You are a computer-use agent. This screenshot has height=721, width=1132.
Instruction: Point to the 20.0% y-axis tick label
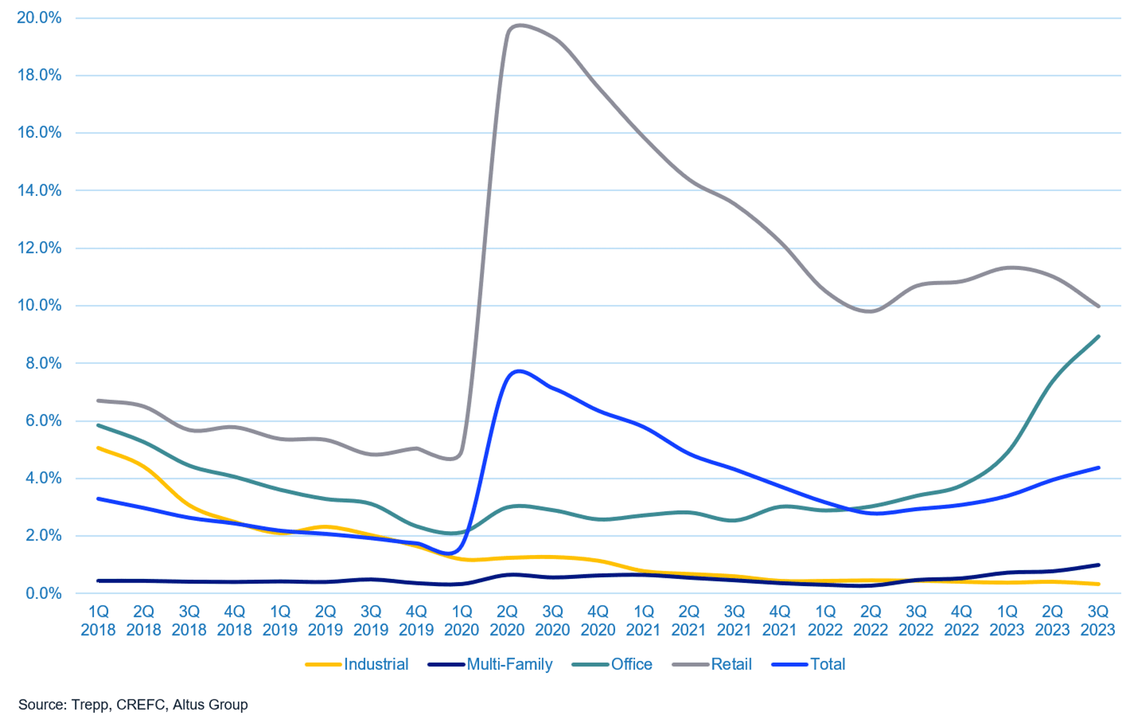coord(39,18)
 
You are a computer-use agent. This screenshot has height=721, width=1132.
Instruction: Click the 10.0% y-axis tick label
coord(39,305)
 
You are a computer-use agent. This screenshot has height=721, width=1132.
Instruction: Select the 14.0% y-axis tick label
coord(39,190)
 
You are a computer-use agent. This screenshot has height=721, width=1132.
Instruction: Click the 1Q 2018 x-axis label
coord(98,621)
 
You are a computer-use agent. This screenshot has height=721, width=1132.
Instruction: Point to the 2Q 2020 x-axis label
coord(507,621)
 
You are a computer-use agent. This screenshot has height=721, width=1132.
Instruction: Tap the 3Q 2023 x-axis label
coord(1098,621)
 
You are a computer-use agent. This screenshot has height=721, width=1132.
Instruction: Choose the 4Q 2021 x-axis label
coord(780,621)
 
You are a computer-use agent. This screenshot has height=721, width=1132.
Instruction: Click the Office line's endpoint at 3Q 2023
coord(1099,337)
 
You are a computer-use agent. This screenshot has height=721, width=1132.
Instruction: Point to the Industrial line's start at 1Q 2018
coord(98,448)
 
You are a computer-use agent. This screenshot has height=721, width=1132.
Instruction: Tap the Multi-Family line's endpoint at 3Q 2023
coord(1099,565)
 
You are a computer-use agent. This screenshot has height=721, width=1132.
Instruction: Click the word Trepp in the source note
coord(90,705)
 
